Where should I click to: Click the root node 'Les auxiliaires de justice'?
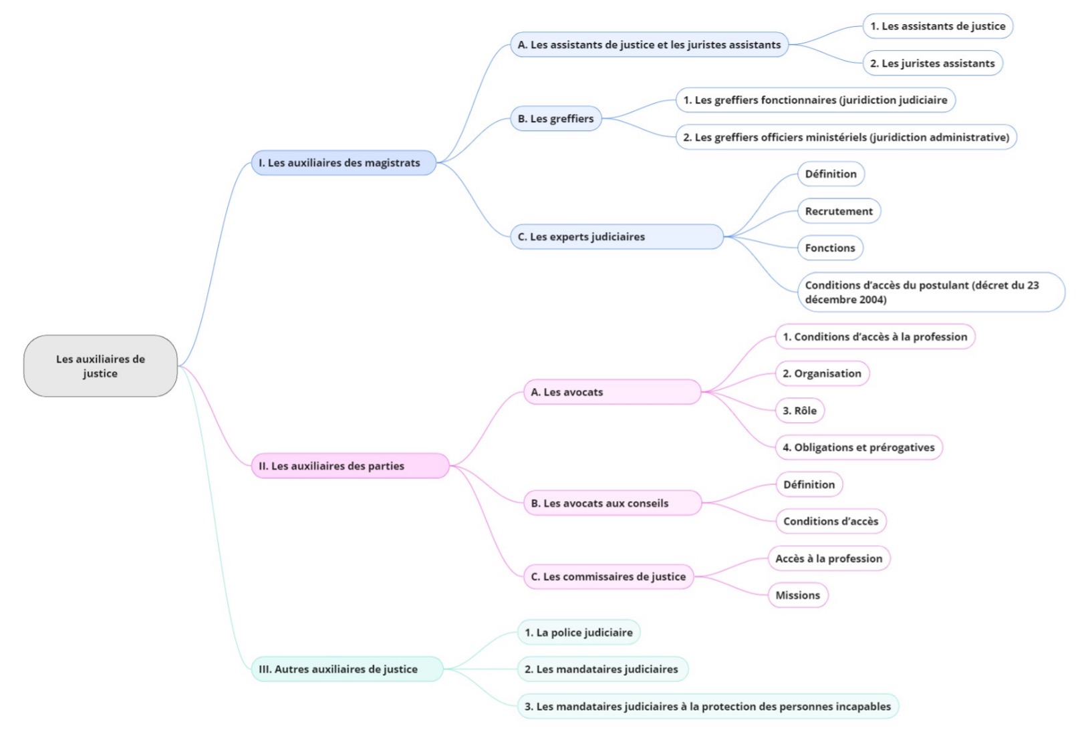(x=100, y=366)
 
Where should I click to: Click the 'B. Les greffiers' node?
(x=555, y=119)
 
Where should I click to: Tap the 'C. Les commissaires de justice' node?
(x=608, y=577)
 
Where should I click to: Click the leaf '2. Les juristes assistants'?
(x=932, y=63)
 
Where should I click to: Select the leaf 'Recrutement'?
(x=839, y=211)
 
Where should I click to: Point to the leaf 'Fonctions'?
(x=830, y=248)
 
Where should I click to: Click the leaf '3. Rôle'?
(x=799, y=411)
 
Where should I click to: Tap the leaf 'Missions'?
(x=798, y=595)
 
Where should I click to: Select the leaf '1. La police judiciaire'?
(x=579, y=632)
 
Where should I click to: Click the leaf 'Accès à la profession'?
(x=829, y=558)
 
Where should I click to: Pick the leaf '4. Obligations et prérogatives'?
(x=859, y=447)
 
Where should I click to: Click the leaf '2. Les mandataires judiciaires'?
(x=601, y=669)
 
